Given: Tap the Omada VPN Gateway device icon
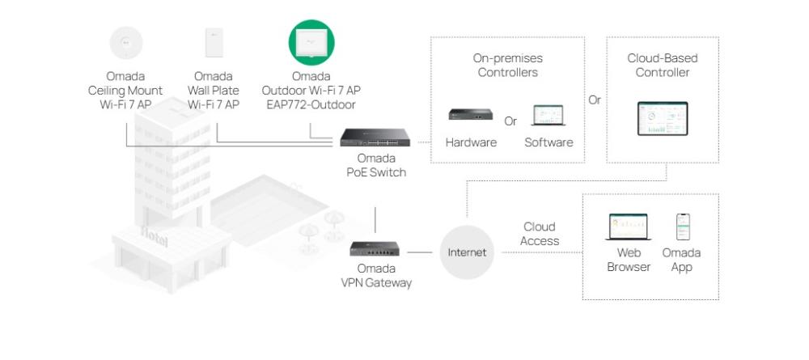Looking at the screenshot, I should (x=375, y=248).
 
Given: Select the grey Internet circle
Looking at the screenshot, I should (x=468, y=252).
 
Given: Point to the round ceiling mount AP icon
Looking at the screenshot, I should (x=126, y=43).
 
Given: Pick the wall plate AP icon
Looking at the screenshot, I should (x=214, y=43).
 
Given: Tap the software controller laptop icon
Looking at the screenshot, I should (x=548, y=116).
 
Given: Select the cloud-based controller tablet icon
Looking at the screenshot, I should (x=662, y=119).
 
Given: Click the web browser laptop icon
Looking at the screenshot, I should (x=628, y=227).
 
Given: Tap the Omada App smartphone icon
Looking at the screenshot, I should (x=682, y=227).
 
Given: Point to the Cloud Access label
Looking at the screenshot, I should (x=540, y=234).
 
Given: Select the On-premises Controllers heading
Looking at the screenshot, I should (x=507, y=66).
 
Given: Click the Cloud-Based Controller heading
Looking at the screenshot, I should (x=662, y=66).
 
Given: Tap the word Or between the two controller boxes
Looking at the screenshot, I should (x=595, y=100).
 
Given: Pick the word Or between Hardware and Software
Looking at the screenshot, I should (x=510, y=121).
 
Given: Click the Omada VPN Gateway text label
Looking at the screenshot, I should (x=375, y=275).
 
